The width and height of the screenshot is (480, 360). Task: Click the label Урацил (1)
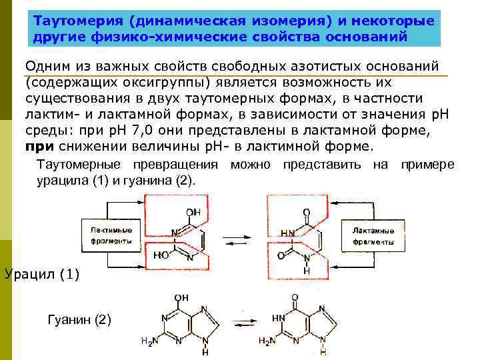click(41, 273)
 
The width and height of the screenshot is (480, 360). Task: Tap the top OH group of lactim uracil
click(193, 212)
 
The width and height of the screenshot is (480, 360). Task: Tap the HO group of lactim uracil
click(160, 254)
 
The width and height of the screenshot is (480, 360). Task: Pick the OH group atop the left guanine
click(181, 297)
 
